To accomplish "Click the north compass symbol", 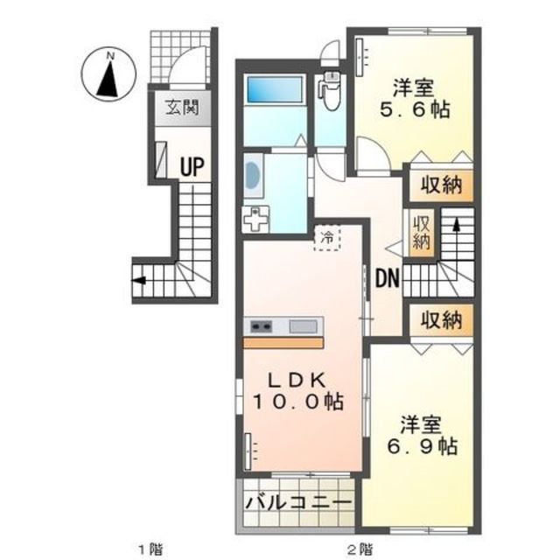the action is [108, 74].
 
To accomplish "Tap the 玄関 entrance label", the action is [183, 107].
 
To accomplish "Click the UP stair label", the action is [192, 167].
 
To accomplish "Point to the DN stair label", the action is [388, 278].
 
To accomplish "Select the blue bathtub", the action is [274, 89].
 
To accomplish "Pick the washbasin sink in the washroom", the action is [253, 175].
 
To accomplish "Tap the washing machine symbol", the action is [255, 219].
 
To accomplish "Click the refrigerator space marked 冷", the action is [326, 237].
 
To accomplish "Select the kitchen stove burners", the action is [261, 326].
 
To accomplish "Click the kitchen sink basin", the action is [304, 326].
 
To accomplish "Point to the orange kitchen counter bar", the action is [283, 343].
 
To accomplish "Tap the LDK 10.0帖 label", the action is [298, 391].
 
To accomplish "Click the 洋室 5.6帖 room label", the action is [414, 98].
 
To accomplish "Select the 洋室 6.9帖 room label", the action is [422, 436].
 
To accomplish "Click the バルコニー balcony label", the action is [298, 503].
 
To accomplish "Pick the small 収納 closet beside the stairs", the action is [422, 233].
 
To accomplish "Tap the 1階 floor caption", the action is [150, 548].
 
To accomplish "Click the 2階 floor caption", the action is [360, 548].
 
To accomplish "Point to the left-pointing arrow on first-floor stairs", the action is [139, 280].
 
